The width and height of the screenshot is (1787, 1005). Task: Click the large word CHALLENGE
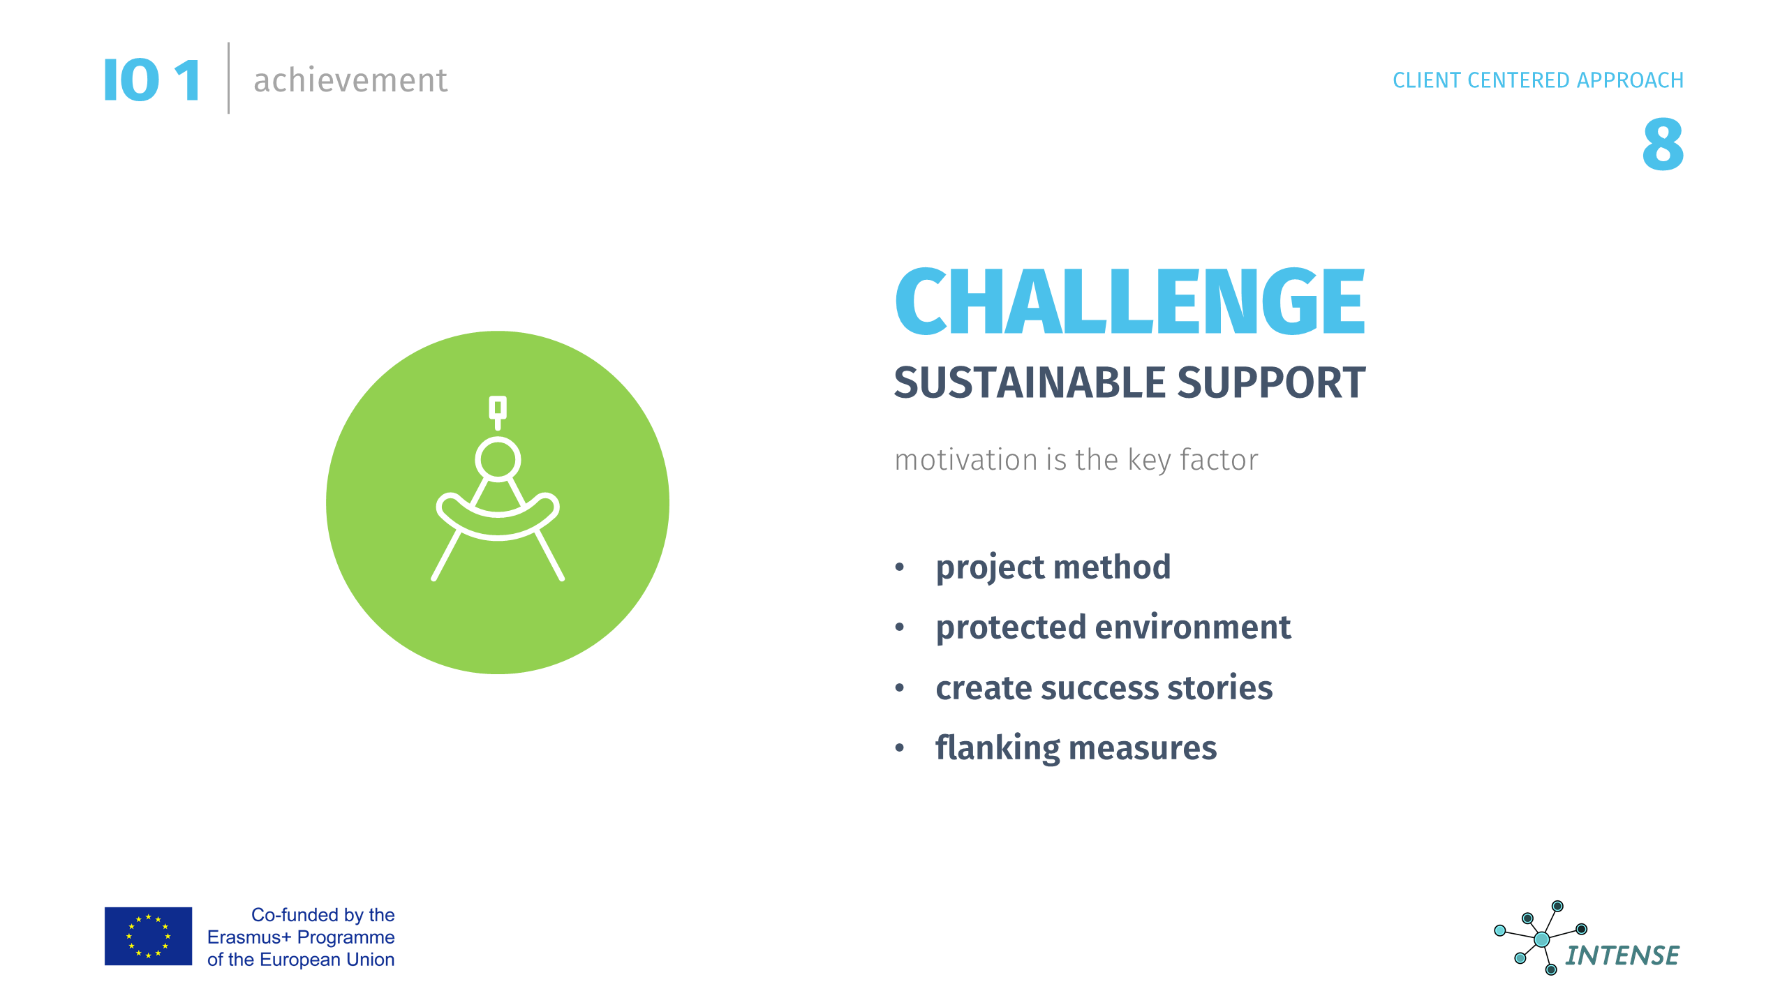1130,301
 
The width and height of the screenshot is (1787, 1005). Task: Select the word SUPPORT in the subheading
1271,382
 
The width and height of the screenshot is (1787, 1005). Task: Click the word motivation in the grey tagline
967,460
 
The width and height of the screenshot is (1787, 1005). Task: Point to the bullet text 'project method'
1053,567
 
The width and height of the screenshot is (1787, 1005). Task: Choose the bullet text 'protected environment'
1113,627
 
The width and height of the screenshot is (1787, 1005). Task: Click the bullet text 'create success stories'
1104,687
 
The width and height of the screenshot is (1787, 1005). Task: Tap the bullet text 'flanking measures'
1076,748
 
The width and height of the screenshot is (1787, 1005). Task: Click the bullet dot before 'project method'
900,567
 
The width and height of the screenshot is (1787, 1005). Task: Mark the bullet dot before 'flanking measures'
900,748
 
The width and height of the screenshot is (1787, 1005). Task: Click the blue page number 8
1663,144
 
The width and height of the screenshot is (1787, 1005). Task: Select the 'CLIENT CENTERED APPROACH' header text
1538,80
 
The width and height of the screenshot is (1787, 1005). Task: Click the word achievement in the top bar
350,80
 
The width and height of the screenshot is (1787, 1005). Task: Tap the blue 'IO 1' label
152,80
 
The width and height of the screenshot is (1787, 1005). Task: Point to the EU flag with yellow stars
148,936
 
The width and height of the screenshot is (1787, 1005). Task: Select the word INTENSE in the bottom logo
1622,955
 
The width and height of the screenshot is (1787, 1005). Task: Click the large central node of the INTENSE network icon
1542,939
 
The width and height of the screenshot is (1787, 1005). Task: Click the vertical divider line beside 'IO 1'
228,78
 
